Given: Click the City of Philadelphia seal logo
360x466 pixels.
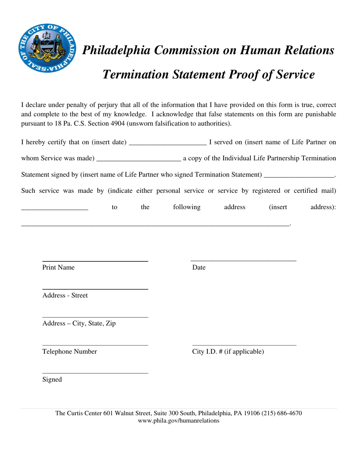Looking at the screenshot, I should tap(47, 47).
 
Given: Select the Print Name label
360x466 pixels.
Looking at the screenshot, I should tap(58, 267).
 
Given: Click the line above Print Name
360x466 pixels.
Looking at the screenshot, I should tap(95, 261).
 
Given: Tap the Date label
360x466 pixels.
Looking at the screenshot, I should tap(199, 267).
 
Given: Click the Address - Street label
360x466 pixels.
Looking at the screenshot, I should tap(65, 296).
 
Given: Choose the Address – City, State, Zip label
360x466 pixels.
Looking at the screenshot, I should tap(79, 324).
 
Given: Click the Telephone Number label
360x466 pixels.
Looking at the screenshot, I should tap(69, 352).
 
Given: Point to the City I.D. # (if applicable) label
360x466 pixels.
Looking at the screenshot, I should tap(228, 352).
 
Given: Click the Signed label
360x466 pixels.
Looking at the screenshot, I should tap(52, 380).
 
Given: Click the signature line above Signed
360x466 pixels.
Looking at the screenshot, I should tap(95, 373).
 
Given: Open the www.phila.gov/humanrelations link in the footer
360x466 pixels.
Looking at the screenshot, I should tap(178, 421).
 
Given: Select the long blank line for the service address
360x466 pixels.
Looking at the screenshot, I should tap(155, 226).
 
